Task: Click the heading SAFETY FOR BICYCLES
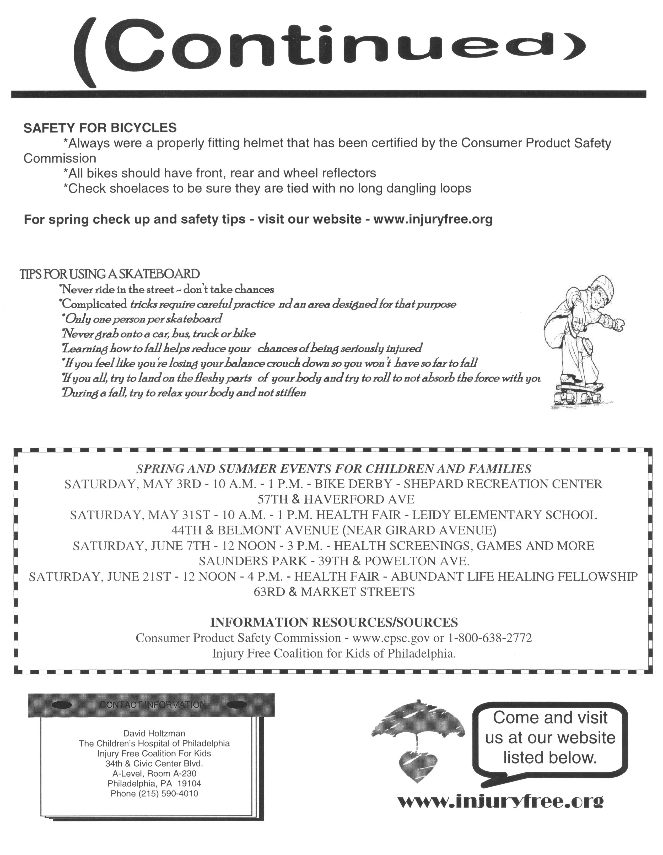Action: tap(100, 128)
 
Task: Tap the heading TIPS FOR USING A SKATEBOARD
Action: tap(110, 274)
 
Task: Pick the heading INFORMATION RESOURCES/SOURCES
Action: tap(334, 622)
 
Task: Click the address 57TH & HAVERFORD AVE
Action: tap(335, 499)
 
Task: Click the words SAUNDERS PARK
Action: tap(252, 561)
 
